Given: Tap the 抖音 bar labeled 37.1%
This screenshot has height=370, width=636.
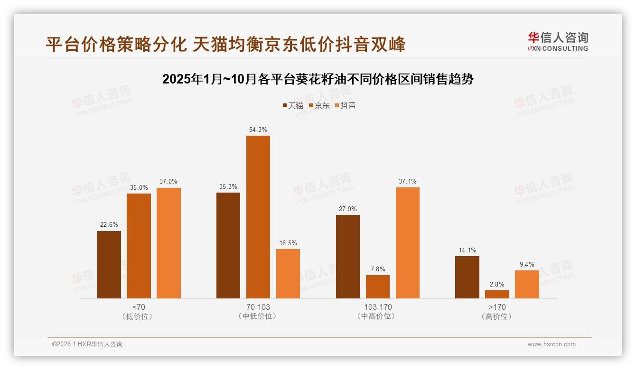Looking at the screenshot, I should point(407,243).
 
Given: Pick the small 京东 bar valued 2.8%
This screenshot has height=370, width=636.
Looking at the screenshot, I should point(497,294).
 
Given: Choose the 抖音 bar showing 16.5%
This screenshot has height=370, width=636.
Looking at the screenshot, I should point(288,274).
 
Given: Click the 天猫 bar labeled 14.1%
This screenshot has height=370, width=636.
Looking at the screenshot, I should point(467,277).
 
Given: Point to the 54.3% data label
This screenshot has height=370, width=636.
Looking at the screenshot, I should point(258,129).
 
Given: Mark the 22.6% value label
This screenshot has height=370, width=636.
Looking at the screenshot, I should point(109,224).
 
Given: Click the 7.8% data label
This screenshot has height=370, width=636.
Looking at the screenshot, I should point(378,269).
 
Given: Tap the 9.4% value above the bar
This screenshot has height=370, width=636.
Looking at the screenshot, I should point(527,264).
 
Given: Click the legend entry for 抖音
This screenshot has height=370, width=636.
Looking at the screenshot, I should point(345,106).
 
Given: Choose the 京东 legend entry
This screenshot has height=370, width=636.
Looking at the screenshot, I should point(319,106).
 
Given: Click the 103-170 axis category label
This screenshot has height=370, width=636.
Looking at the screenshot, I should point(378,307).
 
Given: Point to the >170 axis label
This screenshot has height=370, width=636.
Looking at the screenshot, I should point(497,307).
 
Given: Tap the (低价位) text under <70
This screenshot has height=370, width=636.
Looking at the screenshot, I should point(138,316).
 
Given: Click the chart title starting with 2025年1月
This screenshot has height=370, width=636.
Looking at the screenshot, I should point(318,79).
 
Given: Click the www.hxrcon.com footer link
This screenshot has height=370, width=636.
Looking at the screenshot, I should point(552,344).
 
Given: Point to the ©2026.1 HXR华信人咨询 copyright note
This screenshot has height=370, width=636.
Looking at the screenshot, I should point(87,344).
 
